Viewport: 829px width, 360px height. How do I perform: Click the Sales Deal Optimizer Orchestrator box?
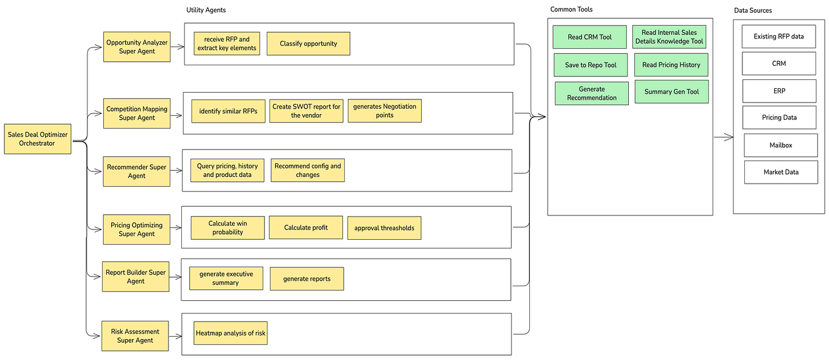[38, 139]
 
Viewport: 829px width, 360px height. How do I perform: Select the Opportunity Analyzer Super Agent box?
[137, 47]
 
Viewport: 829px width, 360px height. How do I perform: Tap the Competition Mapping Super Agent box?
[137, 113]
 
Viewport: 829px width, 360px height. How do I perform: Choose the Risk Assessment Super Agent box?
[136, 336]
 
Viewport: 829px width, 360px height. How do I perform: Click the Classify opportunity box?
[308, 44]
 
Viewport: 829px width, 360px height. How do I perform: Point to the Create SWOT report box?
[306, 111]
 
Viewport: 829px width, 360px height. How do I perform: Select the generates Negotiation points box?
[385, 111]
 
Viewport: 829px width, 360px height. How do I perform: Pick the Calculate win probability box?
[228, 228]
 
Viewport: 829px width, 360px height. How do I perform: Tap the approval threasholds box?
[384, 228]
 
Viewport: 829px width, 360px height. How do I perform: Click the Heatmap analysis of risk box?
[231, 333]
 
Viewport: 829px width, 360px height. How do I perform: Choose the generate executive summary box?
[226, 279]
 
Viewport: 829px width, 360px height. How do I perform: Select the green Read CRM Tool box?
[590, 37]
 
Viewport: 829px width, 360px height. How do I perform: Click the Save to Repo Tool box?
[591, 65]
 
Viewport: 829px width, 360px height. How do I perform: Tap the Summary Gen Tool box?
[672, 92]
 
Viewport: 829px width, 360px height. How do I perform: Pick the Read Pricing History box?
[672, 65]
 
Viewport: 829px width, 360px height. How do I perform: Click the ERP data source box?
[779, 91]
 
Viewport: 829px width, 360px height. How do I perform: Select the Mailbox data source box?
[781, 145]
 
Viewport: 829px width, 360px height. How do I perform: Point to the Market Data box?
[781, 172]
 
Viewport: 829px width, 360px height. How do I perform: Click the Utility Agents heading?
[206, 10]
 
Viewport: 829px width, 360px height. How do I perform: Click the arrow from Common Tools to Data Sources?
[723, 138]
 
